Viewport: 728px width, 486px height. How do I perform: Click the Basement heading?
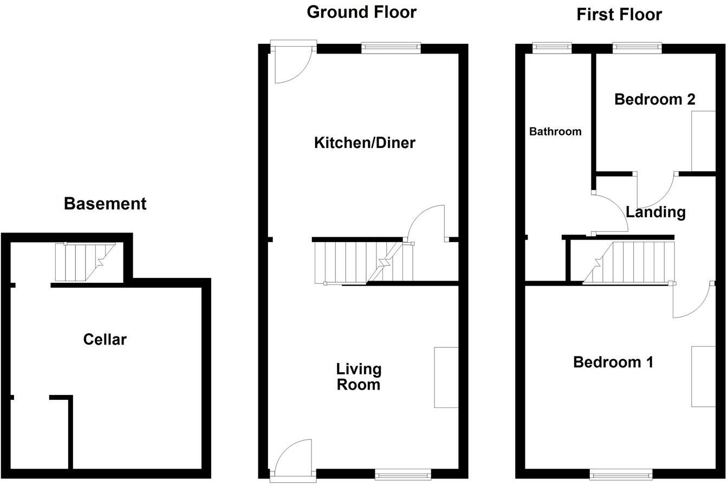[x=105, y=204]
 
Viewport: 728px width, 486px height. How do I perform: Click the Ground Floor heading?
[x=361, y=12]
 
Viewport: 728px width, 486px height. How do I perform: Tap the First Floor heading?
[x=619, y=15]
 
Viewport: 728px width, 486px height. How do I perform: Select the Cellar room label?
[x=105, y=340]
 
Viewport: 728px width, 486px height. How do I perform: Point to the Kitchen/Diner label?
[x=365, y=143]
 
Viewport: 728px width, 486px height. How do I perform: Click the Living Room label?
[x=359, y=377]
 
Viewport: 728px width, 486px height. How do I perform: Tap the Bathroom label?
[x=555, y=132]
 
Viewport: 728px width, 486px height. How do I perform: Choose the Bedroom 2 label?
[x=654, y=100]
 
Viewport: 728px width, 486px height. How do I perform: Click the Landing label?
[x=655, y=212]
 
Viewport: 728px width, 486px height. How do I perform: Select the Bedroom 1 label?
[x=613, y=362]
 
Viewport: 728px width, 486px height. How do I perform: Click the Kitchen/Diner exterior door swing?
[x=291, y=65]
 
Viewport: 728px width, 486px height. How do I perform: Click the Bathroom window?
[x=552, y=48]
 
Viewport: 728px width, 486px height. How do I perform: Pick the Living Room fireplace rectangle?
[x=446, y=377]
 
